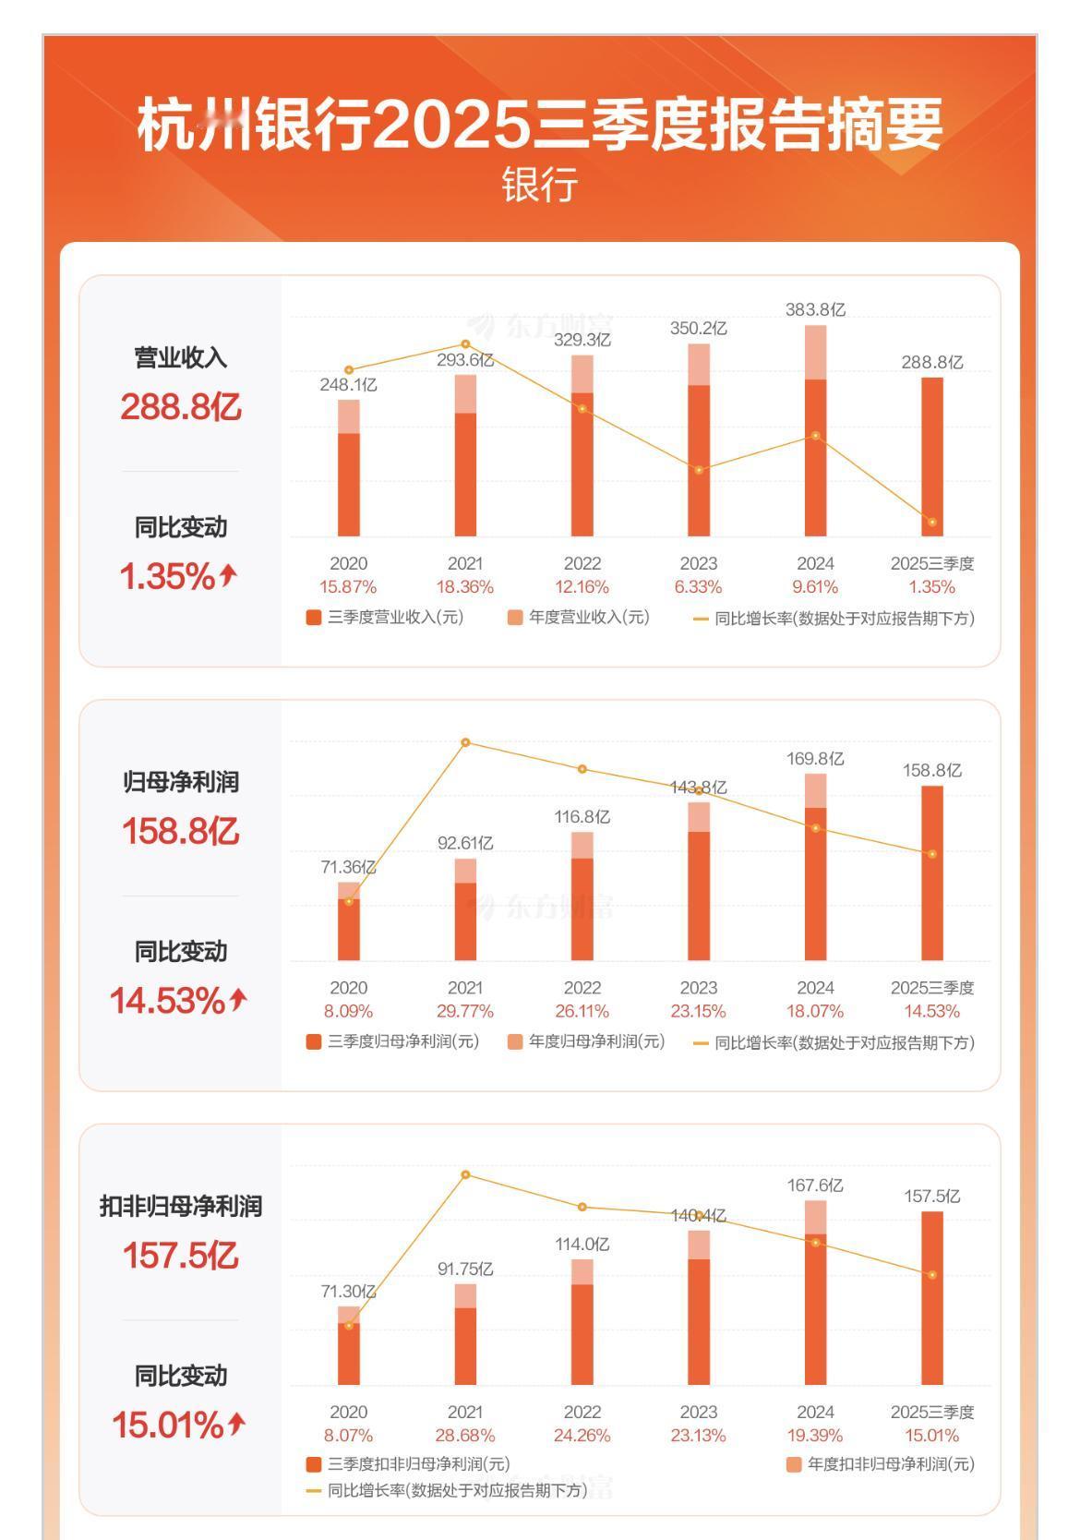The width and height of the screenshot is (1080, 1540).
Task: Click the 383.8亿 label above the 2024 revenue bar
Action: click(815, 310)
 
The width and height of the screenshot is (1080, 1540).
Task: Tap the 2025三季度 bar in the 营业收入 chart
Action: click(931, 456)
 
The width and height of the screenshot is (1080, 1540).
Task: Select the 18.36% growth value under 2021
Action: click(465, 587)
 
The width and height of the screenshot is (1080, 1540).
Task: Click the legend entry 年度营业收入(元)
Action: click(579, 618)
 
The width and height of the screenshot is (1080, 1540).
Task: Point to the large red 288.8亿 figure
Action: click(181, 407)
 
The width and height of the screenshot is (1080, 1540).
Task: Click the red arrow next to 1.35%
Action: click(229, 575)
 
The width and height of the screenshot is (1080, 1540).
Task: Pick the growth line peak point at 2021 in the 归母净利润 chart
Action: click(465, 742)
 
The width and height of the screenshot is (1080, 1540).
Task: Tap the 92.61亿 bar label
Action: click(465, 843)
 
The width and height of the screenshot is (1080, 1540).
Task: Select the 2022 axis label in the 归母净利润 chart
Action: click(582, 988)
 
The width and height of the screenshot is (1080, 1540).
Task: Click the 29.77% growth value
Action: click(465, 1012)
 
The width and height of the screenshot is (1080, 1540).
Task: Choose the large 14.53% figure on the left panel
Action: click(167, 1001)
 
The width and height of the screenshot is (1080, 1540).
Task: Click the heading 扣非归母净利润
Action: click(181, 1207)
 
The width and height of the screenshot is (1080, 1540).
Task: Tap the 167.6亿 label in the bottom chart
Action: click(815, 1185)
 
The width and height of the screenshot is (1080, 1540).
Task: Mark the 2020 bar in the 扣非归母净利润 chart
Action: click(349, 1348)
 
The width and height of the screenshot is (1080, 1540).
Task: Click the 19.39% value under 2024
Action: click(815, 1436)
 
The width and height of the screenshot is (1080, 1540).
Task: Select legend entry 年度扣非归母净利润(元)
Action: click(881, 1464)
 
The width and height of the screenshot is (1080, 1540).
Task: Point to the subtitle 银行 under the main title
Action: click(540, 185)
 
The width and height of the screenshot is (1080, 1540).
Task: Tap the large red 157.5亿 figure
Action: click(181, 1256)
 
